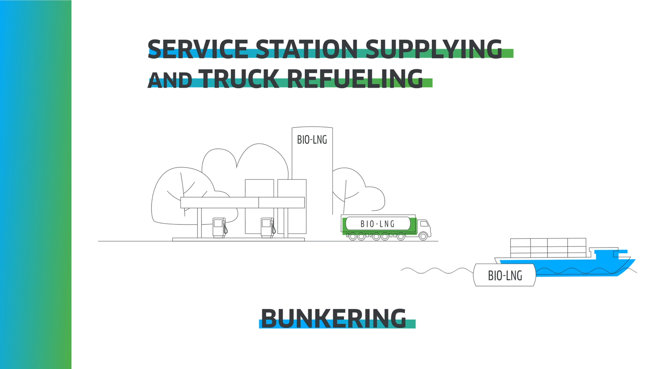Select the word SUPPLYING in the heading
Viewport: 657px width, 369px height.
tap(434, 49)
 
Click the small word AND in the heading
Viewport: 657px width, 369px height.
tap(169, 81)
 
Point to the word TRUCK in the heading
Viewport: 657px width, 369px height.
tap(239, 78)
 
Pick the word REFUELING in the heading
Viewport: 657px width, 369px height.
tap(355, 78)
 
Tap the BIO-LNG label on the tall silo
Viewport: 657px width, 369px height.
tap(312, 140)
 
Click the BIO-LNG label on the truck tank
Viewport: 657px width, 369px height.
tap(377, 224)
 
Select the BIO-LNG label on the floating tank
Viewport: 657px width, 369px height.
tap(505, 275)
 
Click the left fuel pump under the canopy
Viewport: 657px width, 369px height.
tap(219, 227)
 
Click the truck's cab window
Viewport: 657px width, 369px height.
tap(424, 224)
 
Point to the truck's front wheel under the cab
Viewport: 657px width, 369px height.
tap(423, 236)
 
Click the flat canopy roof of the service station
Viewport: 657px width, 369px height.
tap(242, 202)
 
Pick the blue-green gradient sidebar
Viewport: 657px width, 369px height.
tap(36, 184)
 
